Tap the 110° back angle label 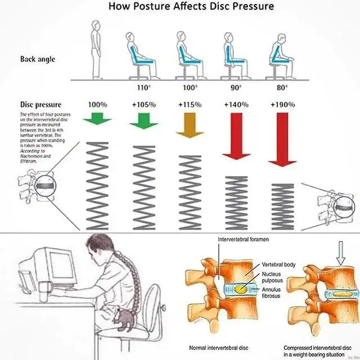(144, 88)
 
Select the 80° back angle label (282, 88)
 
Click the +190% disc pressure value (282, 105)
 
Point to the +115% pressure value (190, 105)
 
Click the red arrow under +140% (236, 135)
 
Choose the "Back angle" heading (38, 59)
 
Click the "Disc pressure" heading (40, 105)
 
